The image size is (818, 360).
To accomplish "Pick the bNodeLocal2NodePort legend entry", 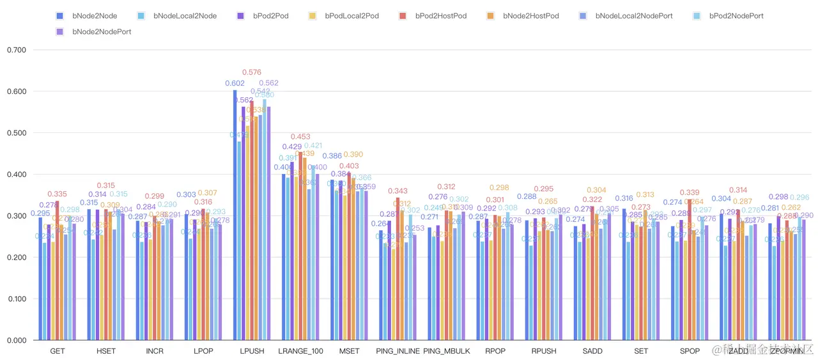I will pos(626,15).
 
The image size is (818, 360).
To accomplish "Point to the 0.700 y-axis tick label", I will pos(16,50).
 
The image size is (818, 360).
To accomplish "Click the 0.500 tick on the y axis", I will pos(16,133).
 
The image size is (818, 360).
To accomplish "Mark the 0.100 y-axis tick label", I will pos(16,299).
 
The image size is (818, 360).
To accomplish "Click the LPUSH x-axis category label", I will pos(252,351).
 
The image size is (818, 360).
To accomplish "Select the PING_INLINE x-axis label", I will pos(397,351).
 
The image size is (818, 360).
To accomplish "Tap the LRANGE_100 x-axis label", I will pos(300,351).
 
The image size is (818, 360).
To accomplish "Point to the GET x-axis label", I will pos(57,351).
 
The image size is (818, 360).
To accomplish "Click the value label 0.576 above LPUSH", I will pos(252,73).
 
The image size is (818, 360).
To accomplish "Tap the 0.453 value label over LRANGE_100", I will pos(300,137).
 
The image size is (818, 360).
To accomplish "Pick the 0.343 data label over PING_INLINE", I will pos(397,191).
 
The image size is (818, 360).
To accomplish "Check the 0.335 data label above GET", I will pos(57,194).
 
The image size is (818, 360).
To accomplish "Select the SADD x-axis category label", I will pos(592,351).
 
